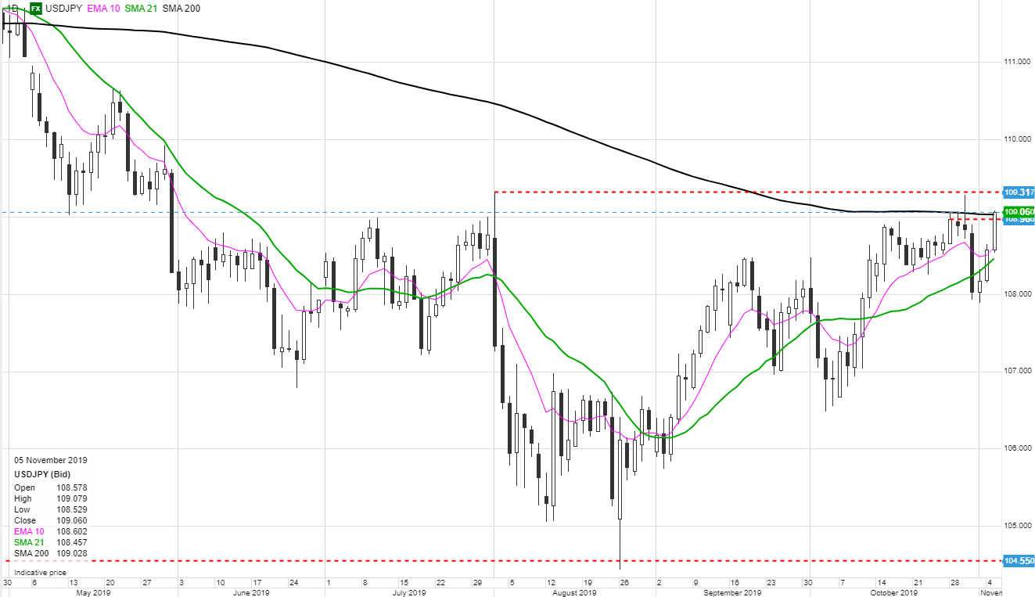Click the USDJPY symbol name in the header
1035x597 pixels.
point(63,8)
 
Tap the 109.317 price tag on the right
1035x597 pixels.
point(1019,192)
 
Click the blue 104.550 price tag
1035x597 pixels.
point(1019,561)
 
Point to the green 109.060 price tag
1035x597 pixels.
point(1019,211)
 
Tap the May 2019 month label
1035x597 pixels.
point(92,592)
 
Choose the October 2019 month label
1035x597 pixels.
point(894,592)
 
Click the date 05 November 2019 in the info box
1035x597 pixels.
point(51,460)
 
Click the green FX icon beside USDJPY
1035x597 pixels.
point(36,8)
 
